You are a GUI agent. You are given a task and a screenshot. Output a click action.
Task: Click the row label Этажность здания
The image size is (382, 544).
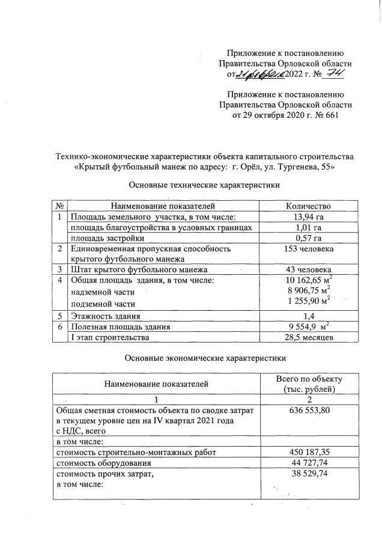105,316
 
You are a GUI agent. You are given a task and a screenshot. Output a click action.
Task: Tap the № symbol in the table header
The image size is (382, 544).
60,206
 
